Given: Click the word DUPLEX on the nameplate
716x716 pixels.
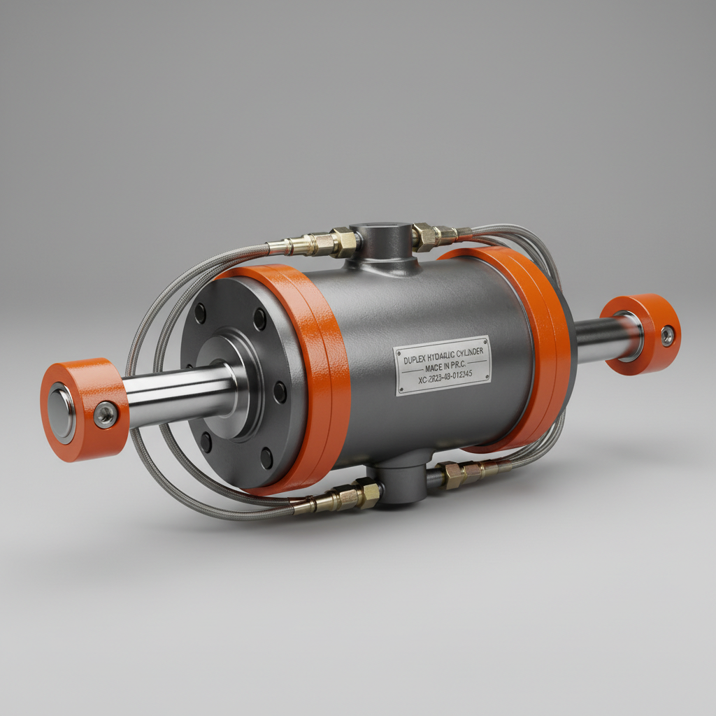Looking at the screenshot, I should point(417,360).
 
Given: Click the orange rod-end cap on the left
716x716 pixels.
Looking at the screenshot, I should point(83,409).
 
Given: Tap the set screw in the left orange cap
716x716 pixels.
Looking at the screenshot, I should point(106,415).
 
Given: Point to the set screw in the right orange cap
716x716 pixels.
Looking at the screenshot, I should point(668,336).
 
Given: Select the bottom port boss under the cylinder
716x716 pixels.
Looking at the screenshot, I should point(401,482).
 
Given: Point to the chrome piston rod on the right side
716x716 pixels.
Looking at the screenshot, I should point(598,339).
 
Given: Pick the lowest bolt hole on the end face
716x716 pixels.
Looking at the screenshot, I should point(266,458).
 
